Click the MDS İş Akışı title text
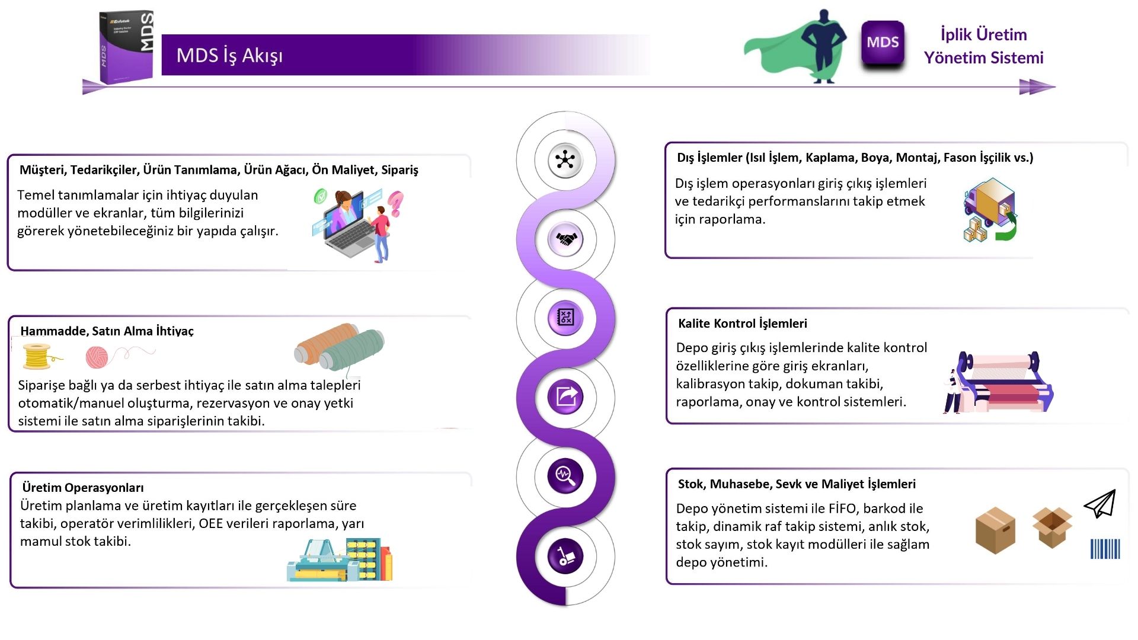click(229, 55)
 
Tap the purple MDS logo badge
click(883, 43)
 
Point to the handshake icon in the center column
click(566, 239)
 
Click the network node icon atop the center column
click(565, 160)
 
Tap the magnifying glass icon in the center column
click(565, 476)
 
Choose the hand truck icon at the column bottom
click(565, 556)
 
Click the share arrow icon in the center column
click(566, 396)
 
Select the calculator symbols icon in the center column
click(565, 318)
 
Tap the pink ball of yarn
click(97, 357)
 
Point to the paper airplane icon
click(1101, 504)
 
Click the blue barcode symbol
click(1105, 549)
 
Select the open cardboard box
click(1052, 527)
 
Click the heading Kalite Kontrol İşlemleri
click(742, 324)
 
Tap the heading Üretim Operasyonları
click(83, 488)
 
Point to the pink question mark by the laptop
click(395, 203)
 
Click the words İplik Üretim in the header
click(983, 34)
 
